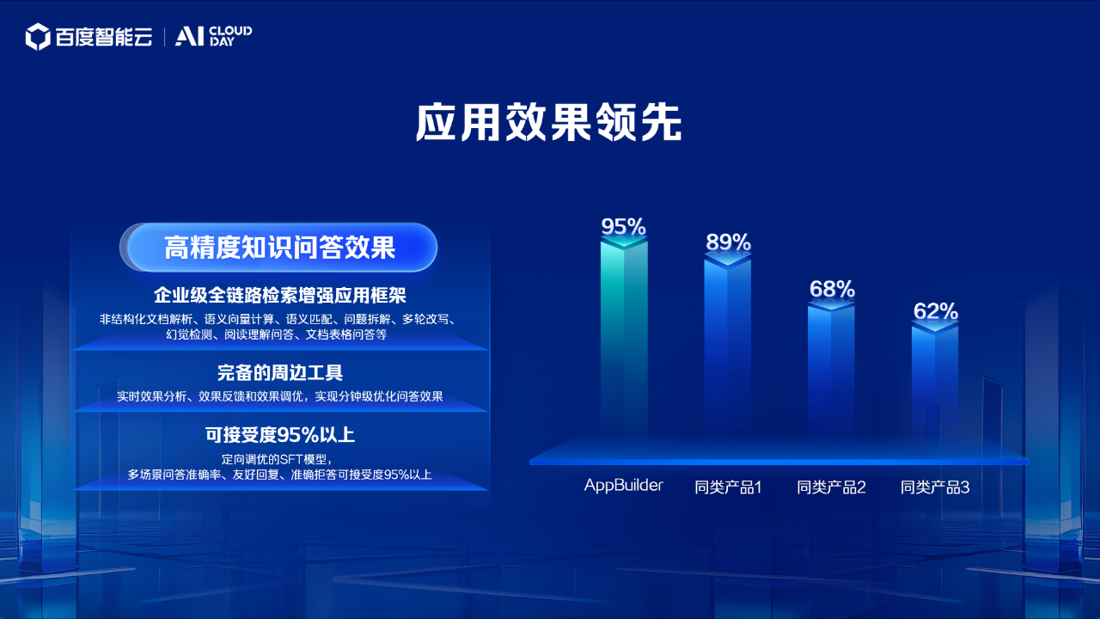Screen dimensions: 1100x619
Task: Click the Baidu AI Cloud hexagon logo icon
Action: [x=38, y=37]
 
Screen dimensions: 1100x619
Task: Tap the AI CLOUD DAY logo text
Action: [x=214, y=36]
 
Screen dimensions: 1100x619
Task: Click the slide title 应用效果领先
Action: [x=548, y=122]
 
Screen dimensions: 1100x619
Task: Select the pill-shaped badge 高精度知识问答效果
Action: [x=278, y=247]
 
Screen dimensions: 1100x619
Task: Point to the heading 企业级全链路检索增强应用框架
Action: [x=280, y=295]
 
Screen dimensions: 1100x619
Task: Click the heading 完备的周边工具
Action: [x=280, y=373]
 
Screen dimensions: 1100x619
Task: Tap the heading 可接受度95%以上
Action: [x=280, y=435]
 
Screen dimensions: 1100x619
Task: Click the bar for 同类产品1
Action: [x=727, y=346]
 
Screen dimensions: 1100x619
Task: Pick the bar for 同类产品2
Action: [x=831, y=369]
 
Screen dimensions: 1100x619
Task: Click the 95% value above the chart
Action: [x=623, y=226]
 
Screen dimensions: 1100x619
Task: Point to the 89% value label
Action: [x=728, y=242]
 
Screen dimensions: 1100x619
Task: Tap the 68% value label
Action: [x=832, y=289]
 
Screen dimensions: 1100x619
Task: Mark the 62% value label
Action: [x=936, y=311]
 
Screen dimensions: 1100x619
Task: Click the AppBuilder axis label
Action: [x=624, y=486]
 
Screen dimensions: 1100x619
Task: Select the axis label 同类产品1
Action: [x=728, y=487]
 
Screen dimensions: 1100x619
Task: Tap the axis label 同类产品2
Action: [x=831, y=487]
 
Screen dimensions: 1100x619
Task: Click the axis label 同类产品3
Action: [x=935, y=487]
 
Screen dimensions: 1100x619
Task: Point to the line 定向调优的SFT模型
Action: [x=278, y=459]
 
